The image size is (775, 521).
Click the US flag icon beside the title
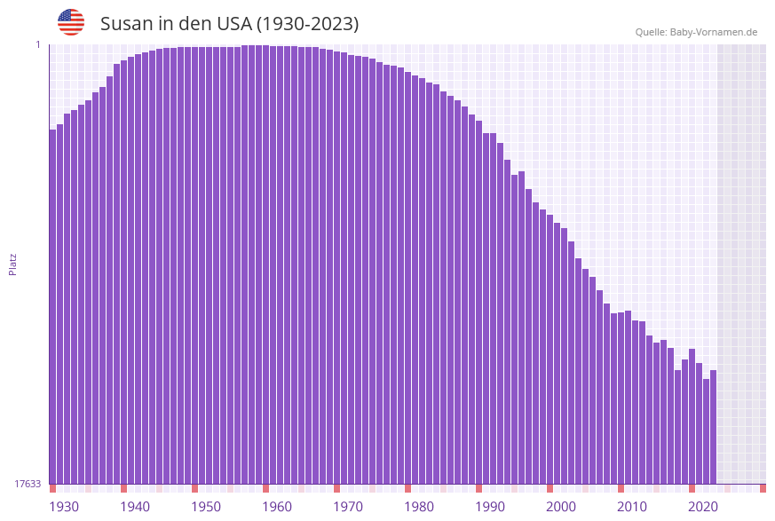[x=71, y=22]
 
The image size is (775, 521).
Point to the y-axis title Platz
[x=13, y=264]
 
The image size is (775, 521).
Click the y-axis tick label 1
[x=38, y=45]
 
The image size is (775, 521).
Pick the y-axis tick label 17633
[x=28, y=484]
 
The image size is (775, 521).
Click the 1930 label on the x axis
[x=64, y=507]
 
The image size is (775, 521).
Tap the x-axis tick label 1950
[x=206, y=507]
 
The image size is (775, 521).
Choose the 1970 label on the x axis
[x=348, y=507]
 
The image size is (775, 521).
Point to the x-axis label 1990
[x=490, y=507]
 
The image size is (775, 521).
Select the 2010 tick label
[x=632, y=507]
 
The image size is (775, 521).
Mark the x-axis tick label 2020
[x=703, y=507]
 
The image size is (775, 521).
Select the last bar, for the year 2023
[x=713, y=426]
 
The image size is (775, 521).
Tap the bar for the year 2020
[x=692, y=417]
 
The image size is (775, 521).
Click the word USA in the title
[x=234, y=24]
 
